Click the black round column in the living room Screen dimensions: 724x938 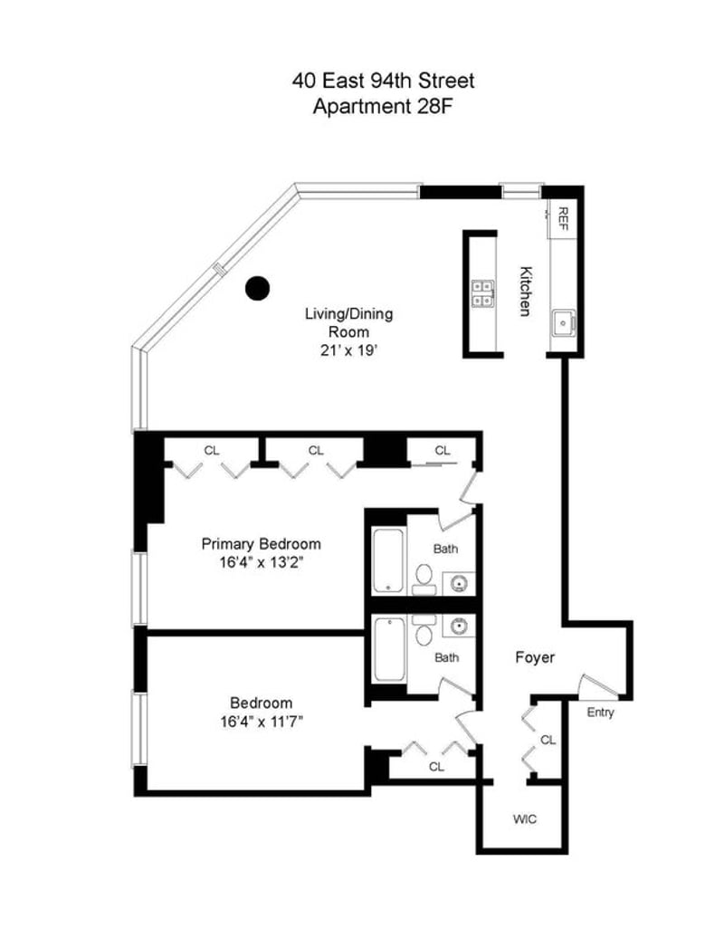(257, 288)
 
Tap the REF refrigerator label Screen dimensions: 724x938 (563, 219)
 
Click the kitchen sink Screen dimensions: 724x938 (563, 323)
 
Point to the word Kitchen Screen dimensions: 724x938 (524, 291)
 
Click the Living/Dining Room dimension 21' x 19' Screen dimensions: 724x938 (348, 350)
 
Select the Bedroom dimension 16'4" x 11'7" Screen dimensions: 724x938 (262, 722)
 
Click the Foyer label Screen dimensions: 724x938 (535, 657)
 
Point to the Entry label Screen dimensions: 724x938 (600, 712)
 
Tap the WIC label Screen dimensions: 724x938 (524, 818)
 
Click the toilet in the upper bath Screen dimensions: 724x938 (424, 578)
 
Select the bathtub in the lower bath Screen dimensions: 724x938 (389, 649)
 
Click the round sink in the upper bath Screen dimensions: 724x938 (459, 583)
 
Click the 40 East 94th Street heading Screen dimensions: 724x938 (383, 81)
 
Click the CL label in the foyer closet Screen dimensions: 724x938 (548, 740)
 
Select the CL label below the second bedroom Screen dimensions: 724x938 (436, 766)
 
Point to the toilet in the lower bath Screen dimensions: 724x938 (424, 630)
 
